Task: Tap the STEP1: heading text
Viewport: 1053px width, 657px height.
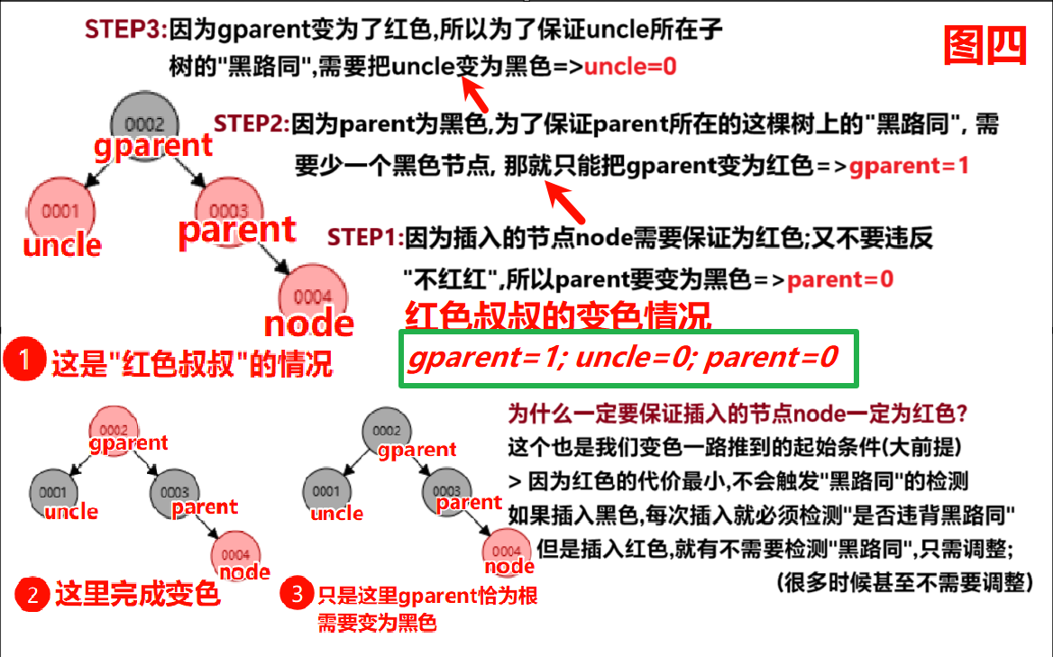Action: [x=365, y=238]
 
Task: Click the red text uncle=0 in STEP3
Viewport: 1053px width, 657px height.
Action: [x=631, y=67]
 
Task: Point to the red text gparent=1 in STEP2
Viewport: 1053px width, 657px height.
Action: [x=909, y=167]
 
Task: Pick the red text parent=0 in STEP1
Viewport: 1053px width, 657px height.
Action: [x=840, y=279]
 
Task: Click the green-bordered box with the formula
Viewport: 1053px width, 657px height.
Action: [x=628, y=359]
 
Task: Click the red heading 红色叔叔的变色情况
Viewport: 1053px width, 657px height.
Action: [x=559, y=316]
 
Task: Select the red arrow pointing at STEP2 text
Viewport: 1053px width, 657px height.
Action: [x=568, y=204]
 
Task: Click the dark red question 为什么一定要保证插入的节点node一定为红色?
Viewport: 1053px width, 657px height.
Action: [x=738, y=414]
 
